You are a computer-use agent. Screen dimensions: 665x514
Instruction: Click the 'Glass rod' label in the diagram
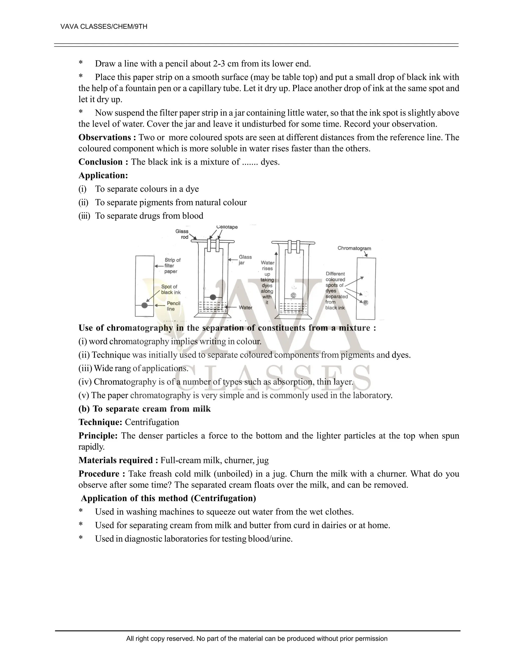coord(182,234)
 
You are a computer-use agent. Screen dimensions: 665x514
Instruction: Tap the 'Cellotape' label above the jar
coord(227,227)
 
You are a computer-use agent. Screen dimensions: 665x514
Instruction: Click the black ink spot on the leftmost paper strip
coord(145,305)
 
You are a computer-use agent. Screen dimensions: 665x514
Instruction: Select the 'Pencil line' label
coord(173,306)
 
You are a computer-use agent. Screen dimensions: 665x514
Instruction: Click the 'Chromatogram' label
coord(354,248)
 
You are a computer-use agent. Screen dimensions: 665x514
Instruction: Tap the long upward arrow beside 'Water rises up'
coord(276,280)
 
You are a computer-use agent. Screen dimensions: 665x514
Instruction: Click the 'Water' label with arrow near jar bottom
coord(245,308)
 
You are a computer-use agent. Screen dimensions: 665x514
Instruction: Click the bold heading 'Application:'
coord(103,175)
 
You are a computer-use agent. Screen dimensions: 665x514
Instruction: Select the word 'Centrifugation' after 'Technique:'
coord(152,422)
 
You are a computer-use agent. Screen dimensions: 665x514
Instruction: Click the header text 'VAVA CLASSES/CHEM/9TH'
coord(104,27)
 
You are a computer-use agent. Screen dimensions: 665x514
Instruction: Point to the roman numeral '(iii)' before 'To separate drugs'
coord(84,216)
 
